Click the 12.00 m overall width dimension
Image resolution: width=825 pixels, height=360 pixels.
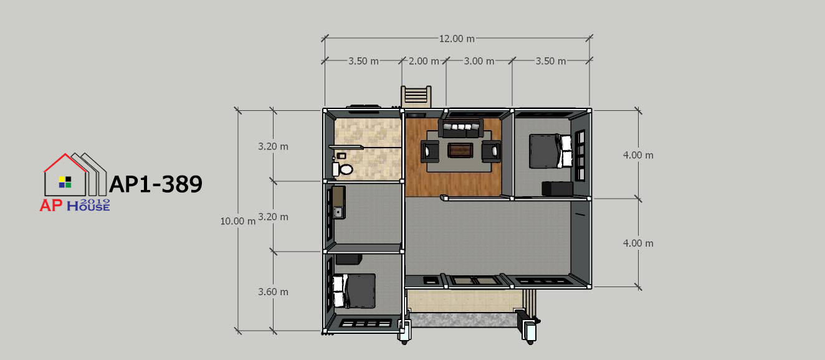pyautogui.click(x=457, y=39)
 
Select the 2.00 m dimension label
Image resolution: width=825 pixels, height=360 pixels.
pyautogui.click(x=424, y=61)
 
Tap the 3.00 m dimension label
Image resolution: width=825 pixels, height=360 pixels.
pyautogui.click(x=479, y=61)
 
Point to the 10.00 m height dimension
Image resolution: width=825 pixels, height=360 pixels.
pyautogui.click(x=237, y=221)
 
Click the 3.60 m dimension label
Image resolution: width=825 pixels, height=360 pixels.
pyautogui.click(x=273, y=292)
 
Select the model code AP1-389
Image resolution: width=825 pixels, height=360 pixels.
pyautogui.click(x=156, y=184)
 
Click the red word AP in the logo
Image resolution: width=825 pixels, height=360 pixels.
pyautogui.click(x=51, y=206)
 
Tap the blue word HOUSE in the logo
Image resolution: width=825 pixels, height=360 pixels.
pyautogui.click(x=88, y=207)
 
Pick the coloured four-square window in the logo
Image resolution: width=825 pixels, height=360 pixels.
pyautogui.click(x=65, y=182)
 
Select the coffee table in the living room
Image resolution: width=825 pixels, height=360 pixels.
pyautogui.click(x=460, y=150)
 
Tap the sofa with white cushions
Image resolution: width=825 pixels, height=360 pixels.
pyautogui.click(x=460, y=128)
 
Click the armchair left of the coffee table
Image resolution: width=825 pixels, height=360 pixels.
pyautogui.click(x=430, y=151)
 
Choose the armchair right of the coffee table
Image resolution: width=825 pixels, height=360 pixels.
pyautogui.click(x=491, y=151)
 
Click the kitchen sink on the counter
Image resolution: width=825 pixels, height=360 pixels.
pyautogui.click(x=338, y=212)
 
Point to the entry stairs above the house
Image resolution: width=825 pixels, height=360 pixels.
pyautogui.click(x=416, y=97)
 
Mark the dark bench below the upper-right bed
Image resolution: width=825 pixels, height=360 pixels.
pyautogui.click(x=557, y=189)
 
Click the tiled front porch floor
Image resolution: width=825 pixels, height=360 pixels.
pyautogui.click(x=466, y=301)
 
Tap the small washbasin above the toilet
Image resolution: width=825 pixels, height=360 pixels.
pyautogui.click(x=341, y=156)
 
